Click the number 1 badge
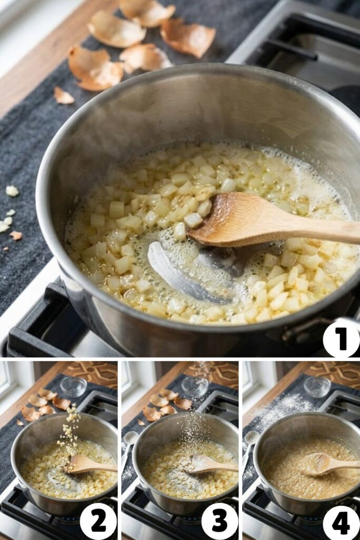[341, 339]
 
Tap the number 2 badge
[99, 521]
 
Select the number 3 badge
[219, 521]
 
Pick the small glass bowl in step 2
[73, 386]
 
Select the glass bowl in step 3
[195, 385]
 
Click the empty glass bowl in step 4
[316, 386]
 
